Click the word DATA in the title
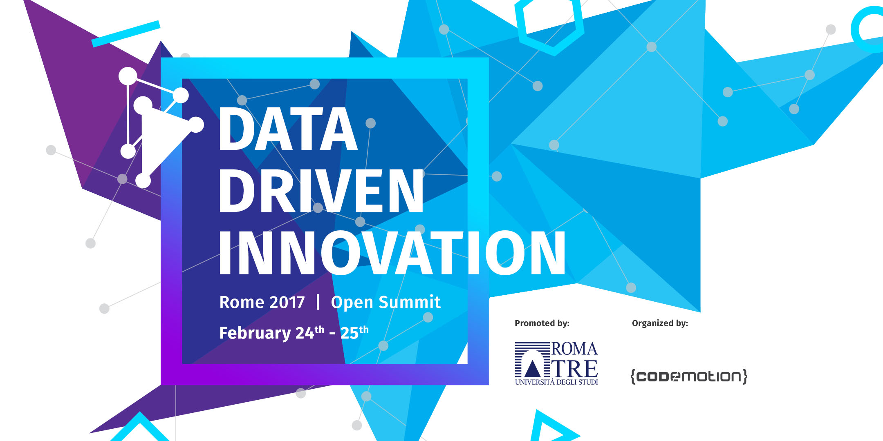pyautogui.click(x=288, y=129)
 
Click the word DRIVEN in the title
pyautogui.click(x=321, y=191)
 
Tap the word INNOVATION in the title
pyautogui.click(x=392, y=252)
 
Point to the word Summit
pyautogui.click(x=410, y=302)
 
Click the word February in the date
pyautogui.click(x=255, y=333)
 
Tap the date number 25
pyautogui.click(x=350, y=333)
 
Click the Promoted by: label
pyautogui.click(x=542, y=323)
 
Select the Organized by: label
pyautogui.click(x=660, y=323)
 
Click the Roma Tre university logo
pyautogui.click(x=556, y=363)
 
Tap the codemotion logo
pyautogui.click(x=689, y=376)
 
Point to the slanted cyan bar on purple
pyautogui.click(x=126, y=33)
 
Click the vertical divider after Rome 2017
pyautogui.click(x=318, y=302)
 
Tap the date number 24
pyautogui.click(x=305, y=333)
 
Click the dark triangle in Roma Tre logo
pyautogui.click(x=532, y=368)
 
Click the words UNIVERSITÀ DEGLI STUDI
pyautogui.click(x=556, y=382)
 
